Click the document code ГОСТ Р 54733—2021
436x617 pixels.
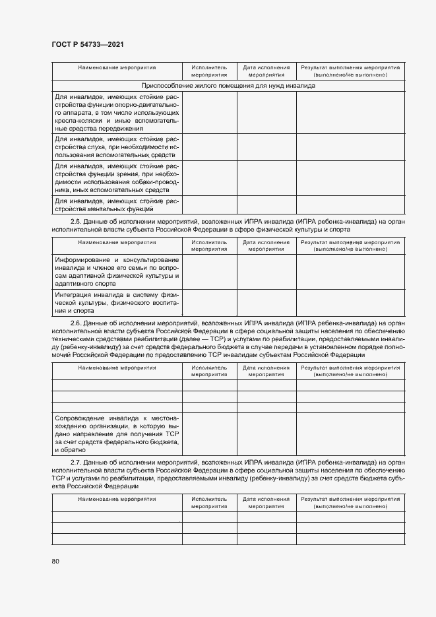tap(88, 44)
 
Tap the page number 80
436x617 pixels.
tap(55, 561)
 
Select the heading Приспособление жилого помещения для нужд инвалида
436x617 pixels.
tap(228, 86)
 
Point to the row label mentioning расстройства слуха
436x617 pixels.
tap(117, 146)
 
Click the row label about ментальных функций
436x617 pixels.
tap(117, 205)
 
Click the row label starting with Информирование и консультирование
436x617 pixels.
tap(117, 271)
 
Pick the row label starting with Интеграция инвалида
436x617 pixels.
tap(117, 302)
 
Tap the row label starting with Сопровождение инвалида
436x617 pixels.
tap(117, 434)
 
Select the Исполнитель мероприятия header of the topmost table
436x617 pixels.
tap(209, 71)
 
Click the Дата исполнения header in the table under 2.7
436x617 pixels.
tap(266, 502)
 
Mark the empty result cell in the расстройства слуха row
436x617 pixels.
tap(350, 146)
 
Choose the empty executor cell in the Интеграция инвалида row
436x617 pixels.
tap(209, 302)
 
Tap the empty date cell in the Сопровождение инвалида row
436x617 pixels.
tap(266, 434)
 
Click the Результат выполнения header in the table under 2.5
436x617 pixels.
tap(350, 245)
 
